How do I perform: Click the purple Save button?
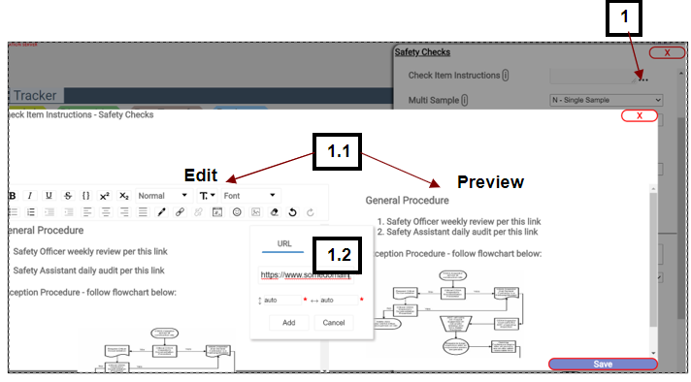603,365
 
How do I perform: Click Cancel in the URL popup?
333,323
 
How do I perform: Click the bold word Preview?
490,181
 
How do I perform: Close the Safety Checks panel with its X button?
667,52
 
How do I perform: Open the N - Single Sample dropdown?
606,99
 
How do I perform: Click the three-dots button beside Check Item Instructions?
643,77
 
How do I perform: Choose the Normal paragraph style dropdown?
162,195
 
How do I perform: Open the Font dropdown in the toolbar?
248,195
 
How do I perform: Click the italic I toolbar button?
30,195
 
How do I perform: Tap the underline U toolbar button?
49,195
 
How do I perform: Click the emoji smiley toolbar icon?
237,211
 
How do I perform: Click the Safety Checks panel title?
422,52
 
